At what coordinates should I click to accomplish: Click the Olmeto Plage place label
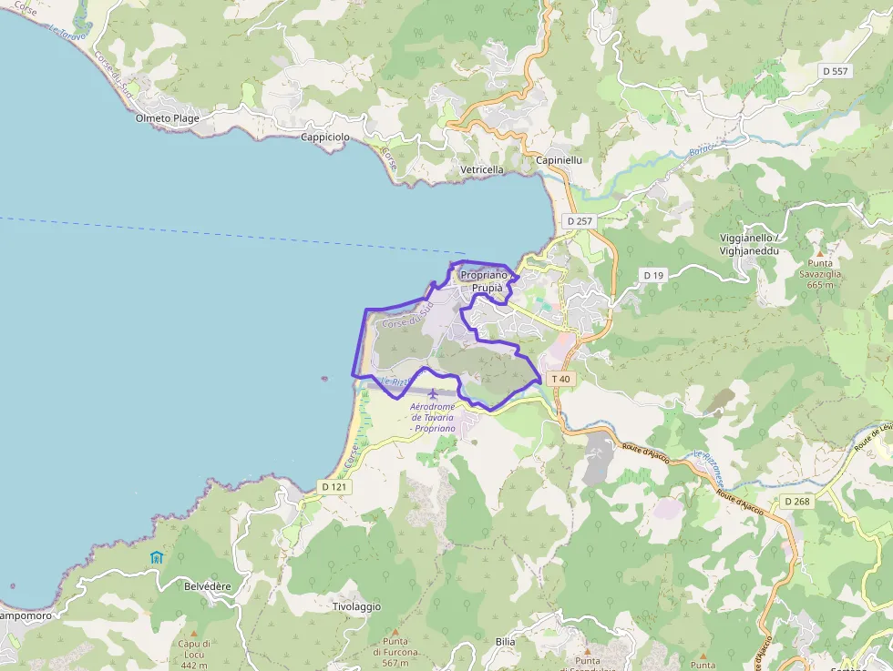pos(167,118)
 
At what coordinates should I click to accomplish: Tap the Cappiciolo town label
pos(325,137)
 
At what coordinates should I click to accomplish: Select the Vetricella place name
pos(482,170)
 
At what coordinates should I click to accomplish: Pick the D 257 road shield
pos(579,221)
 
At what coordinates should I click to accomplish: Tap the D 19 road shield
pos(653,275)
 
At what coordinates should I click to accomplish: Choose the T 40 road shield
pos(560,379)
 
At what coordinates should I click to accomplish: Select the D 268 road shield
pos(796,502)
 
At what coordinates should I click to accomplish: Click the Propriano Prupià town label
pos(482,281)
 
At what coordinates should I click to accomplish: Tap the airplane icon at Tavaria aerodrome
pos(432,393)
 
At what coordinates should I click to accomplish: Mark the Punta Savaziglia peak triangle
pos(818,252)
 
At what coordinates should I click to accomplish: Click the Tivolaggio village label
pos(356,606)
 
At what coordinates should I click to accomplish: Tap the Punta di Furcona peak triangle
pos(395,631)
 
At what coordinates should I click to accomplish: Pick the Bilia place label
pos(505,642)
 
